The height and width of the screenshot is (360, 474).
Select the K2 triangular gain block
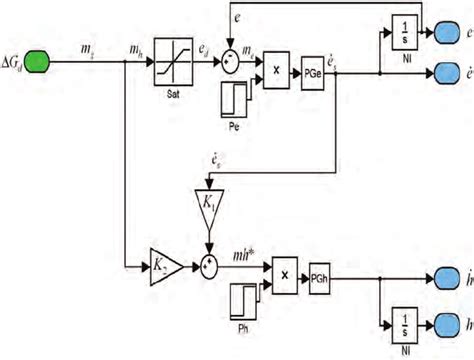click(163, 268)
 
